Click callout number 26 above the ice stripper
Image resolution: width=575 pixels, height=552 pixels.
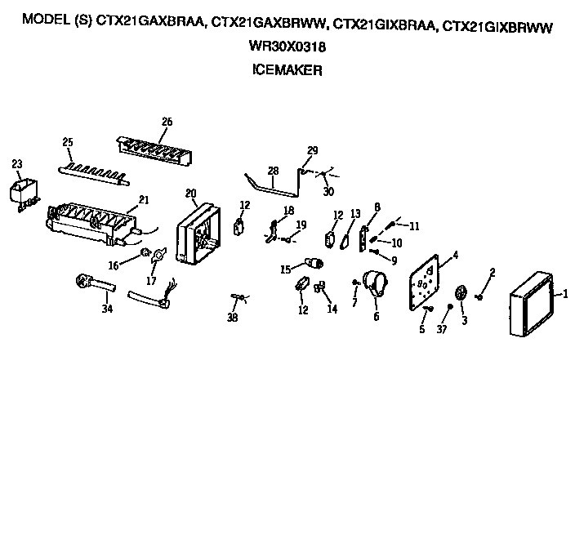coord(167,122)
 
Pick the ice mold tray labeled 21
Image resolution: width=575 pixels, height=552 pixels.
coord(90,223)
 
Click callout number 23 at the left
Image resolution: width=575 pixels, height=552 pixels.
coord(17,164)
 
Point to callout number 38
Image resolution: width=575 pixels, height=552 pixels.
coord(232,318)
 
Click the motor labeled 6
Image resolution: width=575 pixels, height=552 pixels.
coord(377,285)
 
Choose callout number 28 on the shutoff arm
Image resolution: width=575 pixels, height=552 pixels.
coord(273,171)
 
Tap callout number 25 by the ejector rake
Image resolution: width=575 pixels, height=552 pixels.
coord(68,142)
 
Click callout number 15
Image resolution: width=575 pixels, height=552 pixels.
coord(286,269)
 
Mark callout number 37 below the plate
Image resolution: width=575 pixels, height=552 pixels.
coord(442,328)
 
